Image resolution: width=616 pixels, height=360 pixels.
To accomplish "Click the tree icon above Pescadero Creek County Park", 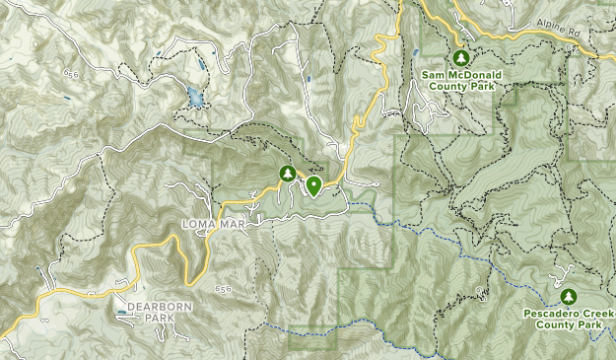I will point(567,296).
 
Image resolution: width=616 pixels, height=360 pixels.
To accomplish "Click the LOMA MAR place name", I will point(212,225).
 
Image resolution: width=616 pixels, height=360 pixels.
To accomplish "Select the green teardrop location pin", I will point(314,184).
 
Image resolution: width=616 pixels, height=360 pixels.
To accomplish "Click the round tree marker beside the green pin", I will point(287,174).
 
